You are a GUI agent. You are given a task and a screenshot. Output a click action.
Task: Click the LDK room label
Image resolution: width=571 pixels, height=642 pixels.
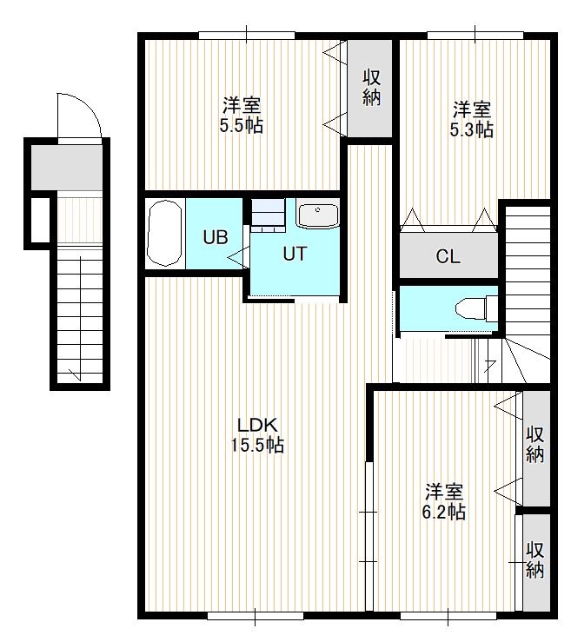pos(258,426)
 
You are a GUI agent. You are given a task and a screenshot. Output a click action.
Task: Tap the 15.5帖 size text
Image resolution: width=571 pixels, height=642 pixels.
pos(257,445)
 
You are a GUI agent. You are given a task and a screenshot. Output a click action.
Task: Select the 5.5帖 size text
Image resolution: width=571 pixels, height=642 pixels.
pos(242,125)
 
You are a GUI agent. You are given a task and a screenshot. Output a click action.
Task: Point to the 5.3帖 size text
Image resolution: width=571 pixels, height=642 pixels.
pos(471,129)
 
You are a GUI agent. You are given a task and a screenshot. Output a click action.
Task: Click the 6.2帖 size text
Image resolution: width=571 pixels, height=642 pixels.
pos(444,512)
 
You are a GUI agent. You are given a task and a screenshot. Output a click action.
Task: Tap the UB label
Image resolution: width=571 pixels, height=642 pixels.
pos(216,237)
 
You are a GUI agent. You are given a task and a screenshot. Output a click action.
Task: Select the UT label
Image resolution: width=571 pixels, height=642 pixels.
pos(295,254)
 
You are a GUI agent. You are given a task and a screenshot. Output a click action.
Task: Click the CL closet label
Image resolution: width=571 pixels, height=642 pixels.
pos(448,257)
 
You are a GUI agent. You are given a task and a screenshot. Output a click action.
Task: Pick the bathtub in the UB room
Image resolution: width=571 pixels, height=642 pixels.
pos(164,234)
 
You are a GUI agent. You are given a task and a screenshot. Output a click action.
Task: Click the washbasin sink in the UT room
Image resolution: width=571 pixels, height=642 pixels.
pos(318,215)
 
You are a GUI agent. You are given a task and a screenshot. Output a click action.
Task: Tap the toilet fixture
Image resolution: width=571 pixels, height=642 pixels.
pos(477,308)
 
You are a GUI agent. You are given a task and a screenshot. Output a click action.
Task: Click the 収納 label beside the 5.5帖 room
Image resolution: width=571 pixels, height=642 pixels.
pos(371,88)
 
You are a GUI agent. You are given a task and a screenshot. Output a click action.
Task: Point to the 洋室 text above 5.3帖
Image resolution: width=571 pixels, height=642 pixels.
pos(471,109)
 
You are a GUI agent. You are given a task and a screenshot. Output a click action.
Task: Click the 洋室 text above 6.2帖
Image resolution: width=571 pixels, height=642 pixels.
pos(444,492)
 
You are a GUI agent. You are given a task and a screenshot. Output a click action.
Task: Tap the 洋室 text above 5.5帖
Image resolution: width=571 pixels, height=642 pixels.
pos(242,106)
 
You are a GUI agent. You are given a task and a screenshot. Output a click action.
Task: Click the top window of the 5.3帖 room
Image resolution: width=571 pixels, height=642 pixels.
pos(475,36)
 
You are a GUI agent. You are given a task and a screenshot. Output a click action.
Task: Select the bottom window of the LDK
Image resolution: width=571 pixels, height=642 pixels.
pos(256,616)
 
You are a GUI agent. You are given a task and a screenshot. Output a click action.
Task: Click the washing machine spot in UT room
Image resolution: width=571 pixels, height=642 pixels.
pos(268,215)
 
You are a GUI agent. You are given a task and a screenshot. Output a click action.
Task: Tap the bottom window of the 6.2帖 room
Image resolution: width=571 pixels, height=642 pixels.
pos(448,616)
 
